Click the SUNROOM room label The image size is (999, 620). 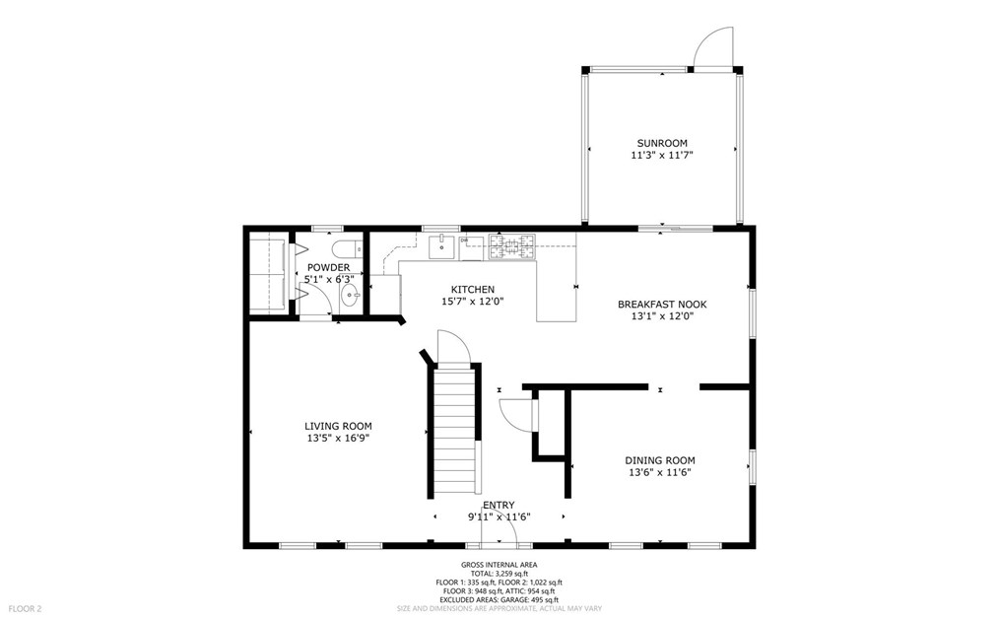point(662,143)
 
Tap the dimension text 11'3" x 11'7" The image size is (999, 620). point(662,155)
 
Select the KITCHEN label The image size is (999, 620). point(473,290)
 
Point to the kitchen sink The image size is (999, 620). point(441,246)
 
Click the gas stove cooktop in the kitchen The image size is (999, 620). point(511,246)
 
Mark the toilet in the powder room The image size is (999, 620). point(348,248)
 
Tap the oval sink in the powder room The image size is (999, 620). point(350,296)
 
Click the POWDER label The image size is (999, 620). point(328,268)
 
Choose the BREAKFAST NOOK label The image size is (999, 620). point(662,305)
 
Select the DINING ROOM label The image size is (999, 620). point(659,460)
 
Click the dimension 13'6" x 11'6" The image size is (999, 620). point(659,473)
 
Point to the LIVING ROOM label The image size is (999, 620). point(338,426)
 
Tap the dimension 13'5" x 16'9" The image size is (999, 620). point(338,439)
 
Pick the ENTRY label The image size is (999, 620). point(499,506)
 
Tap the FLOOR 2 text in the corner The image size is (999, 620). point(27,608)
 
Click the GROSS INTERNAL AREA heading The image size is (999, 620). point(499,565)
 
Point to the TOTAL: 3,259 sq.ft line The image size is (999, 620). point(499,574)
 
